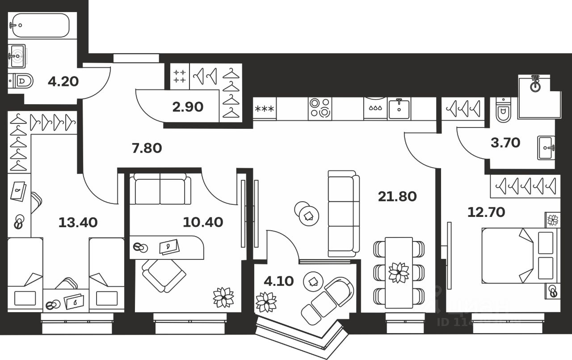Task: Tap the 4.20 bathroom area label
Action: (63, 81)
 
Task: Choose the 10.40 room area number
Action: (203, 221)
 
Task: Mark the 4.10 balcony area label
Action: (278, 281)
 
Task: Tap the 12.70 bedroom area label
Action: (486, 212)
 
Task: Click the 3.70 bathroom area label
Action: (505, 143)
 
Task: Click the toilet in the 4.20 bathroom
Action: (21, 81)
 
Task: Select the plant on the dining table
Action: (398, 272)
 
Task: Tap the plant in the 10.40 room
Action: (223, 297)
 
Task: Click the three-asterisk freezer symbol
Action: (265, 109)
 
